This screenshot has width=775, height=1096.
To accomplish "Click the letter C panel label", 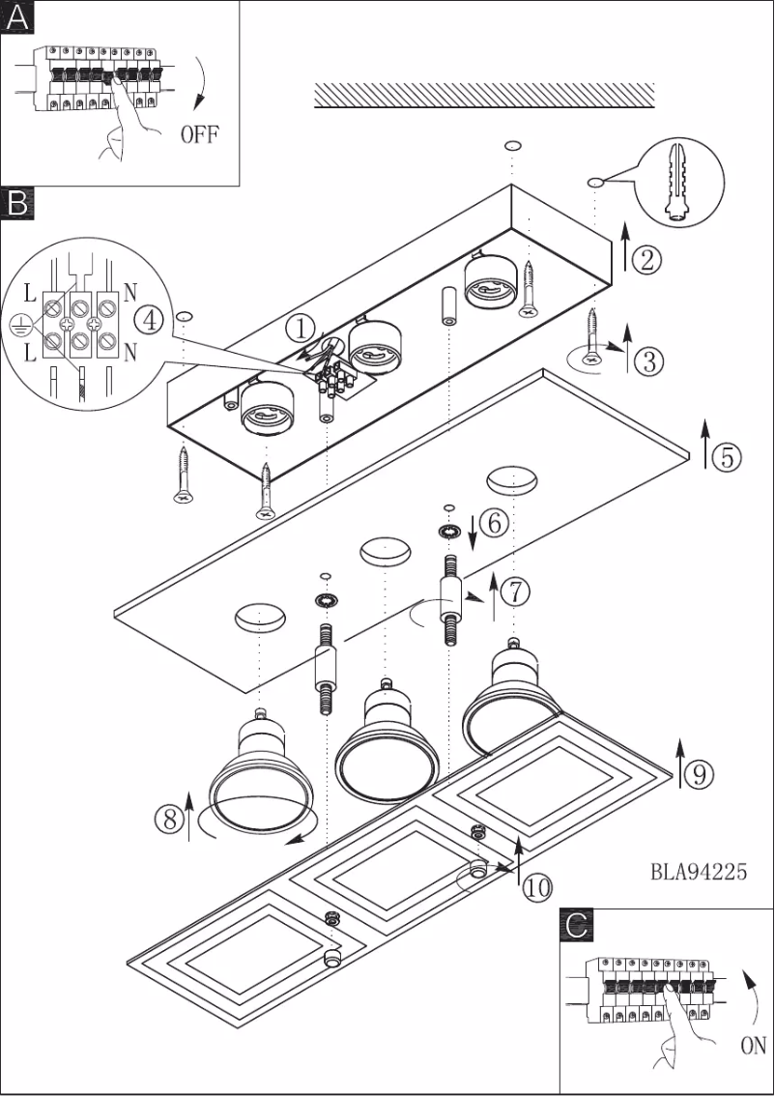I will pyautogui.click(x=578, y=925).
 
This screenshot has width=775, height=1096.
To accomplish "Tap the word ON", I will pyautogui.click(x=753, y=1045).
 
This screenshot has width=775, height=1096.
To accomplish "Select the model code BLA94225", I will pyautogui.click(x=698, y=872).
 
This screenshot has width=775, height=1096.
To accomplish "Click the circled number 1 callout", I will pyautogui.click(x=302, y=330).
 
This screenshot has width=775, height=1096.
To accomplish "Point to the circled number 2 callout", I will pyautogui.click(x=646, y=258).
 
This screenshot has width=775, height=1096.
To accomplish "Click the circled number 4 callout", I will pyautogui.click(x=146, y=319).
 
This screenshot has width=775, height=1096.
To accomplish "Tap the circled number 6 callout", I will pyautogui.click(x=492, y=523).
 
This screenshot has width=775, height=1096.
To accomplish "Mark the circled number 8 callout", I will pyautogui.click(x=169, y=819).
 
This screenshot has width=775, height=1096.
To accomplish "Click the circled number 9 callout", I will pyautogui.click(x=700, y=772).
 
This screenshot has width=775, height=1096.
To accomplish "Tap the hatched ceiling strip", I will pyautogui.click(x=484, y=95).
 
